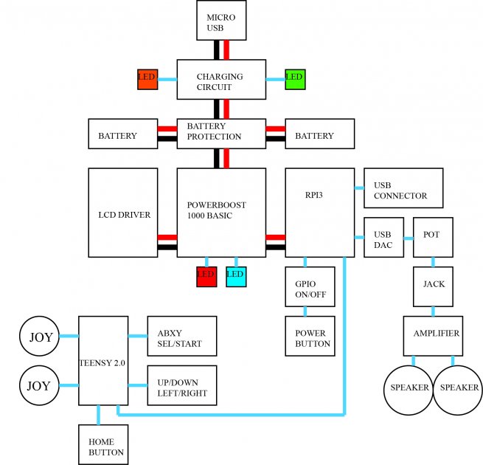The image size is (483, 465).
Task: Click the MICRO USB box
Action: [221, 21]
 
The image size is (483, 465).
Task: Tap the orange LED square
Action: [147, 80]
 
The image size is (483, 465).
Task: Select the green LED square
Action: [295, 80]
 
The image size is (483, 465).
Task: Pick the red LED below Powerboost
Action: [206, 277]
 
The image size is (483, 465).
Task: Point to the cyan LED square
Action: [236, 277]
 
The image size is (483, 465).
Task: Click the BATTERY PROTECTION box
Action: [221, 134]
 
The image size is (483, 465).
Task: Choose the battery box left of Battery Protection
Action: [123, 134]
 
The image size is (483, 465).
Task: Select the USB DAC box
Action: [383, 238]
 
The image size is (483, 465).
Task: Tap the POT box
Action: [433, 238]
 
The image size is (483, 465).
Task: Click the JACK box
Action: [433, 287]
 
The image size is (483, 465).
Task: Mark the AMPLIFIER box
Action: [433, 336]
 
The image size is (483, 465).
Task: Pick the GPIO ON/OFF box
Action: [310, 287]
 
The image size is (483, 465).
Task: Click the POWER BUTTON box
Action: [310, 336]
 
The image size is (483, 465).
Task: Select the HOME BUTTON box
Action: [103, 444]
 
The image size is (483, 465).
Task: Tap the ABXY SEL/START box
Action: [182, 336]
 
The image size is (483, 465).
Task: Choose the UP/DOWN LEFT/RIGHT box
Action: [182, 385]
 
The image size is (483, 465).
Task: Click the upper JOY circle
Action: [39, 336]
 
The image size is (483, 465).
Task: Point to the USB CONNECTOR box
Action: [403, 188]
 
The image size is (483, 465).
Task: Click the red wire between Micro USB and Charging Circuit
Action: [226, 50]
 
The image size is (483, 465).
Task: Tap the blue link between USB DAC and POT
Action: [409, 238]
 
